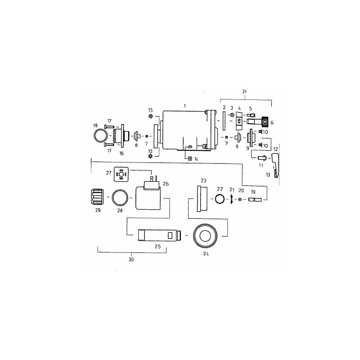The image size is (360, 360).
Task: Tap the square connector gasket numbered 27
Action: (121, 174)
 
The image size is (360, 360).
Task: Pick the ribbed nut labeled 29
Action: (97, 197)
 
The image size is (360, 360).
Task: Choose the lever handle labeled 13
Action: (275, 165)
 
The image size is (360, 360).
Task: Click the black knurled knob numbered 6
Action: (265, 121)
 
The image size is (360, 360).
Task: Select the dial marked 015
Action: (239, 121)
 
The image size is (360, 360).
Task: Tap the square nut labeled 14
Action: (190, 159)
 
